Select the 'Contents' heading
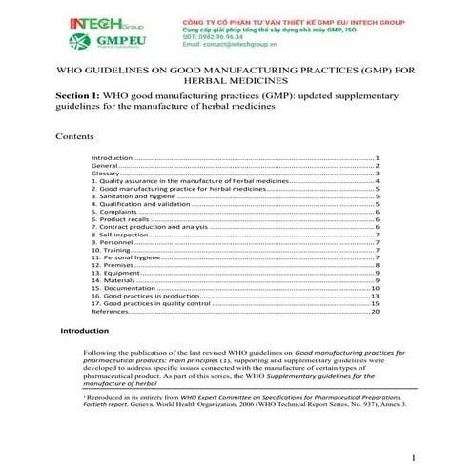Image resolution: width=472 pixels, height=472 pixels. pos(74,136)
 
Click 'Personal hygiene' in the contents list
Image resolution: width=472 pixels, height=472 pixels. pos(125,257)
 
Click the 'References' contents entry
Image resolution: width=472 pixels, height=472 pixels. pos(110,311)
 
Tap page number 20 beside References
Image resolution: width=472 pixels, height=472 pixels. pos(376,311)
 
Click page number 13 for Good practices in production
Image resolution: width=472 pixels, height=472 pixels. pos(376,296)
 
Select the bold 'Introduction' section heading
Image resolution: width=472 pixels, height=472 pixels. pos(85,331)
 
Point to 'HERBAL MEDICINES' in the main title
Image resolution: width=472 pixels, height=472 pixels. pos(236,83)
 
